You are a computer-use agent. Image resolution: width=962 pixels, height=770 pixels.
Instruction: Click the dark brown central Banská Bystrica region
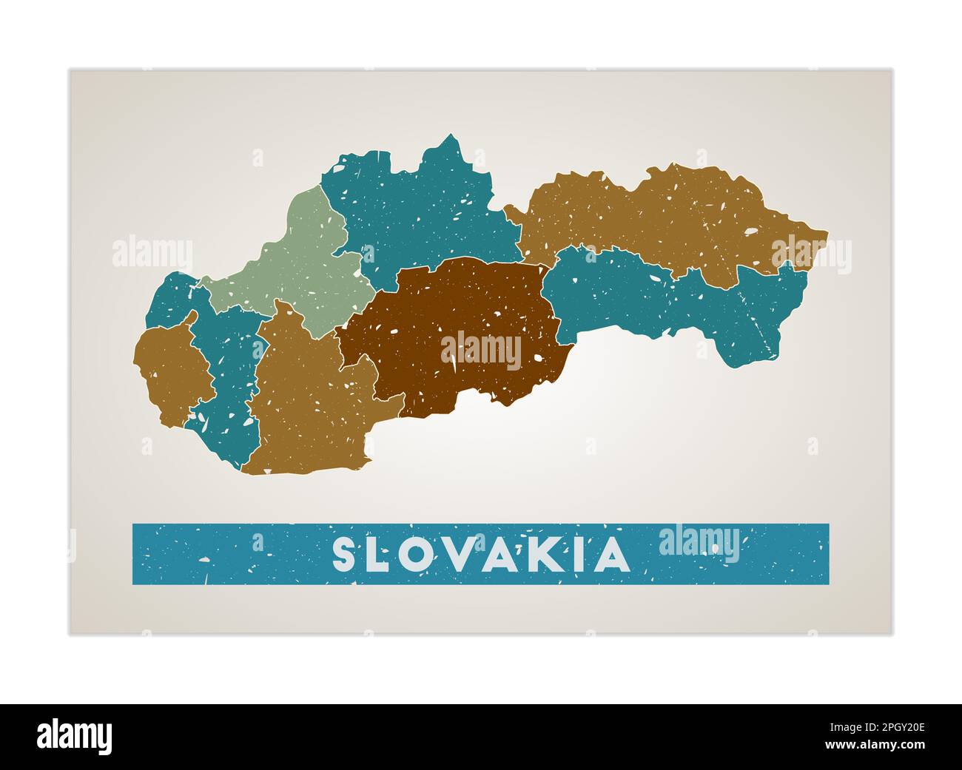[x=459, y=311]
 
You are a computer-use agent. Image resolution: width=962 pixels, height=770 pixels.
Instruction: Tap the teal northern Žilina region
[x=414, y=207]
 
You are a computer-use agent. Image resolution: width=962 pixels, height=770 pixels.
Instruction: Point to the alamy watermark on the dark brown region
[x=481, y=351]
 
